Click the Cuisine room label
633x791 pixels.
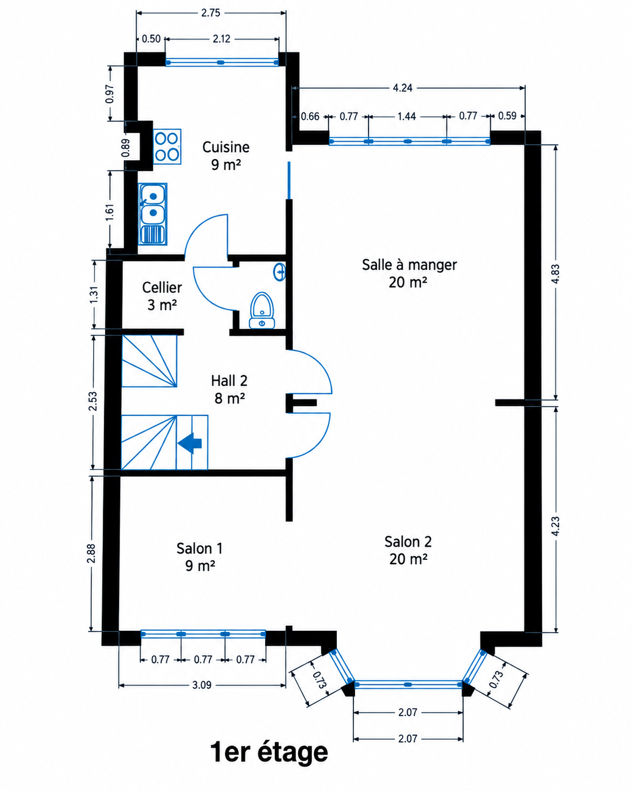[226, 156]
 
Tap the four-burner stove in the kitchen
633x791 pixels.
[167, 146]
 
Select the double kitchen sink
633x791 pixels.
[152, 214]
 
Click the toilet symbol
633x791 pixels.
[262, 310]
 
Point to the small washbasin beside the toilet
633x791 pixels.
[280, 271]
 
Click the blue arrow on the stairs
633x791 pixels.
[190, 443]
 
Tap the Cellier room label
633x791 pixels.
[162, 296]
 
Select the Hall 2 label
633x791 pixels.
[229, 389]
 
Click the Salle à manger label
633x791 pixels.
[409, 273]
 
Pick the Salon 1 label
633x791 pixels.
[200, 557]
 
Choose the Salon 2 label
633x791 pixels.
[408, 550]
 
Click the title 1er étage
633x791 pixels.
[269, 752]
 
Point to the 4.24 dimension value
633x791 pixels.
[402, 88]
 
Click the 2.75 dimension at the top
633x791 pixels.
[210, 13]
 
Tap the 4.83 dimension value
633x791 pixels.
[556, 274]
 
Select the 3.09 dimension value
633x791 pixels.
[202, 685]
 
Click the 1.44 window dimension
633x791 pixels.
[407, 117]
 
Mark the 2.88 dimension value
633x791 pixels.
[91, 553]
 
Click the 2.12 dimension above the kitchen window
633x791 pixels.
[221, 38]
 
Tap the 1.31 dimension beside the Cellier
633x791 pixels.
[94, 295]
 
